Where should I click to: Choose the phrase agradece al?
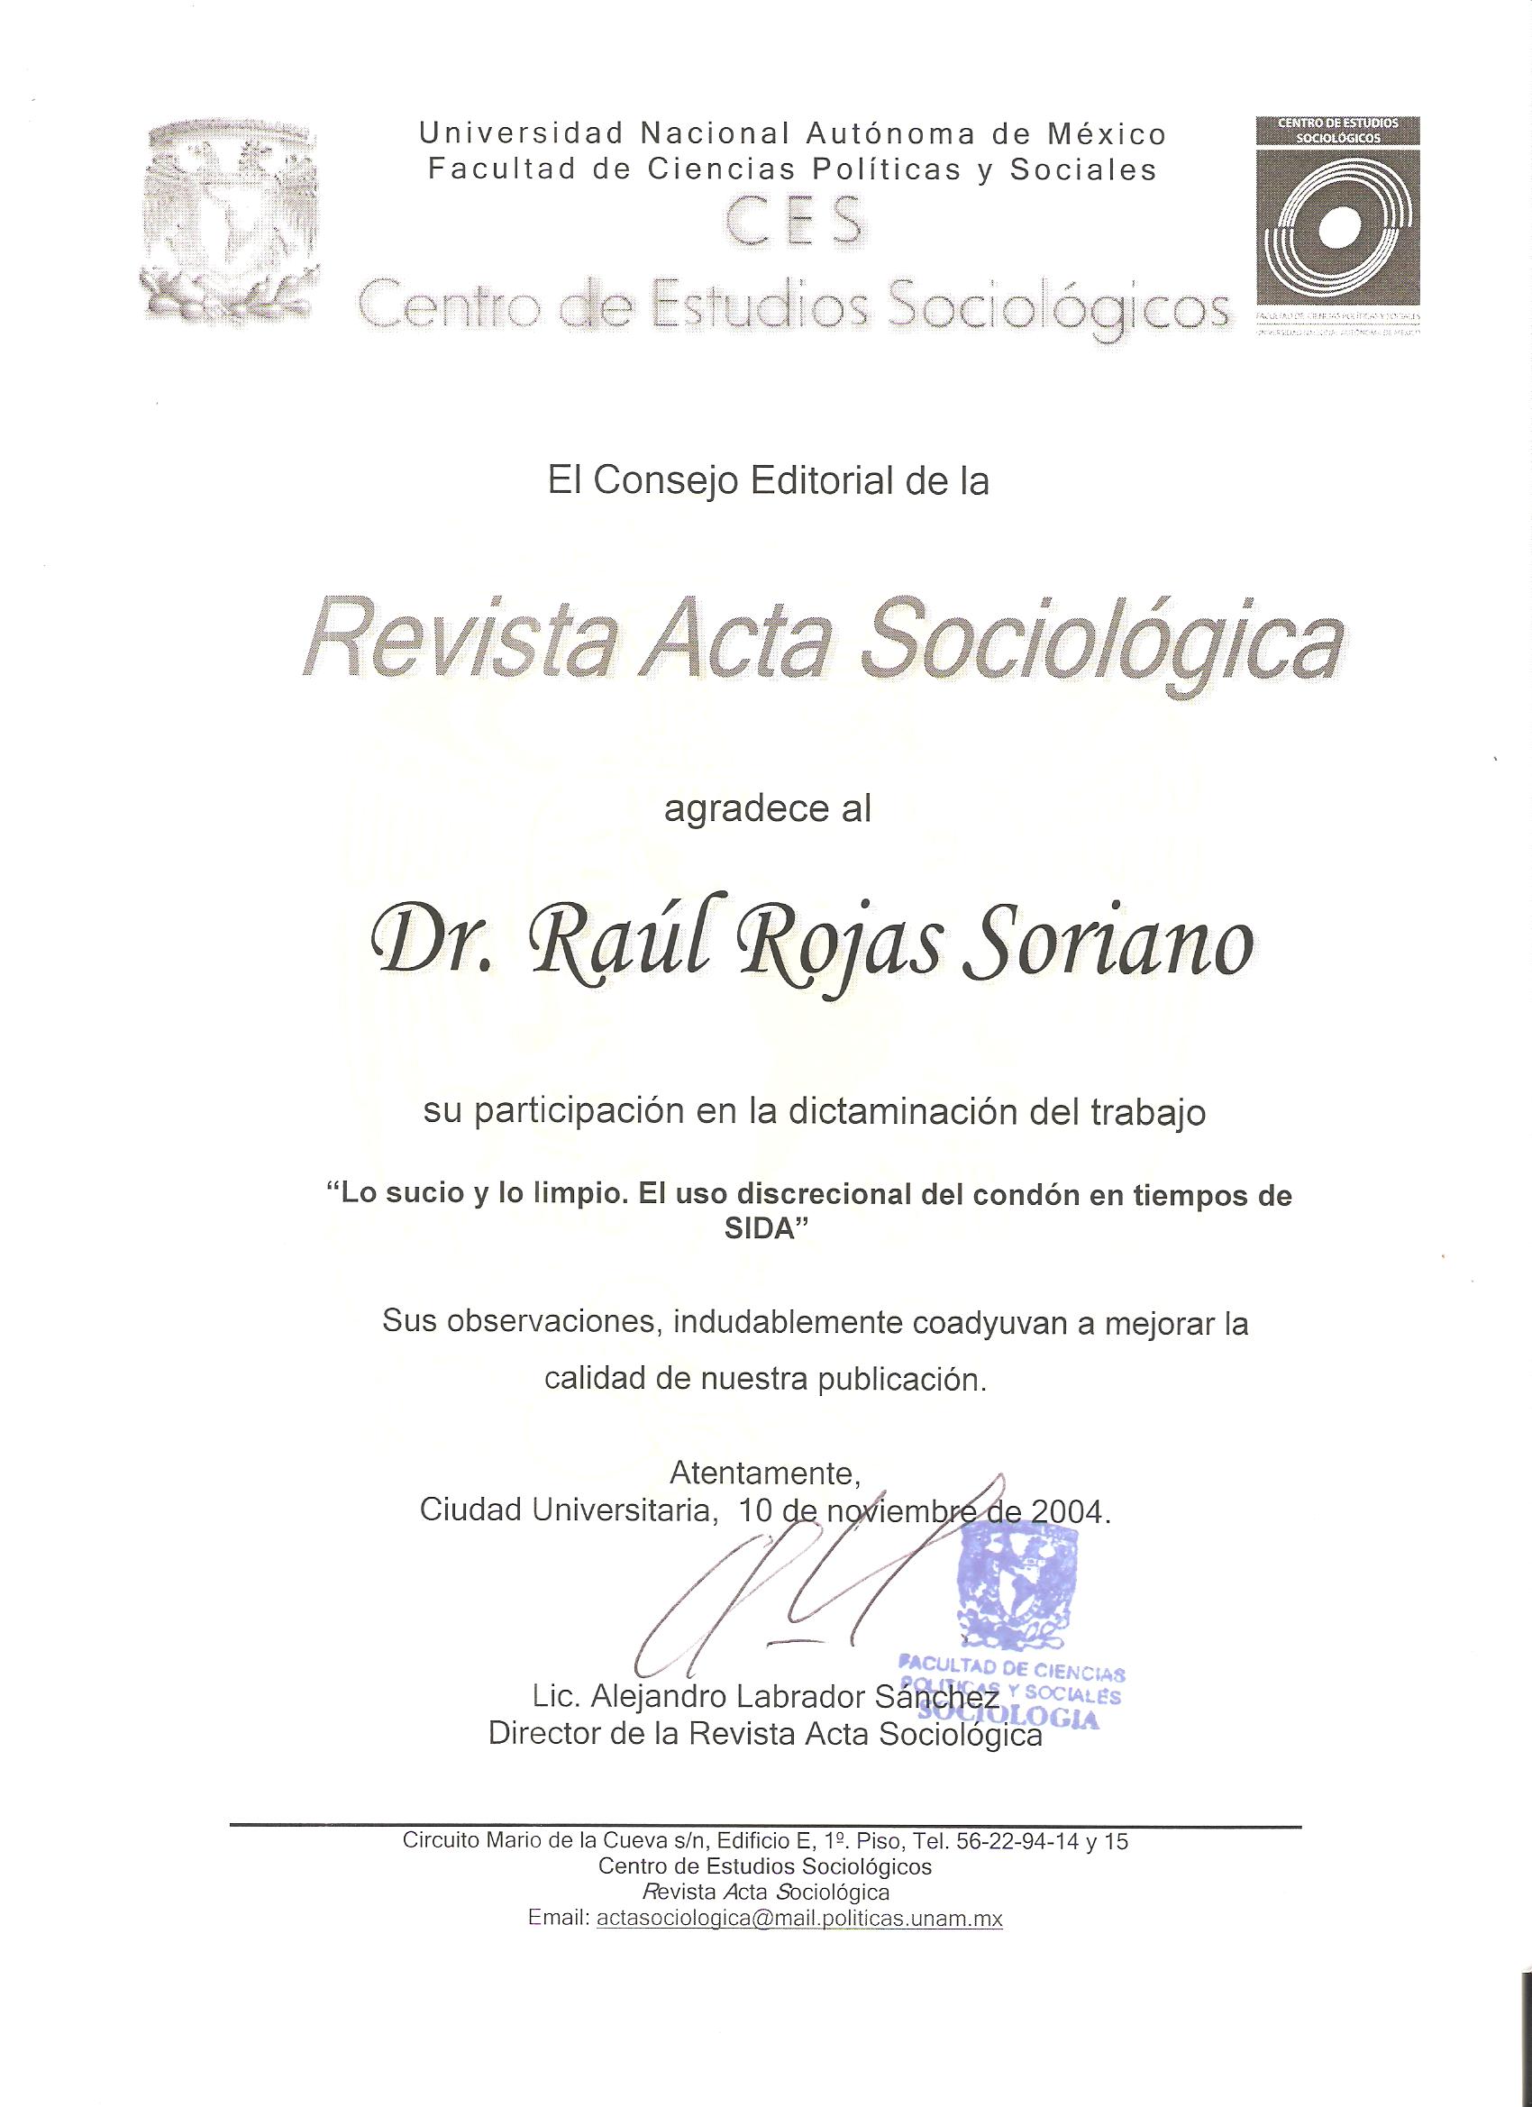pos(768,809)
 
